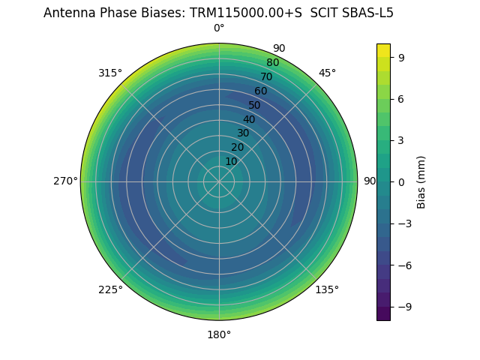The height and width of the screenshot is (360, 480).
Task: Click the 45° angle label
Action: point(327,73)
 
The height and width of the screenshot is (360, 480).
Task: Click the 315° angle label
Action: point(110,73)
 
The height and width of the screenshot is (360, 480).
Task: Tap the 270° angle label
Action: point(65,181)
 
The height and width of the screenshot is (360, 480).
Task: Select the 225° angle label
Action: point(110,290)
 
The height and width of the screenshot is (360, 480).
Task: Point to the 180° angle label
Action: point(219,334)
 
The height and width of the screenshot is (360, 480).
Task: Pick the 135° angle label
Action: point(327,290)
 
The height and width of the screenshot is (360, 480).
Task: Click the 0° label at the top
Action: point(219,28)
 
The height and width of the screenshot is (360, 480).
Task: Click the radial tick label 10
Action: point(231,161)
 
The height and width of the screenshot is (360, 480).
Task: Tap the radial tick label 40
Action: point(249,119)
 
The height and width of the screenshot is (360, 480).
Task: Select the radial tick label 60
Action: point(261,91)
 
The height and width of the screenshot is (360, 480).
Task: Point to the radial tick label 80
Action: point(273,63)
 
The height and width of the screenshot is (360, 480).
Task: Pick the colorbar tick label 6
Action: point(402,98)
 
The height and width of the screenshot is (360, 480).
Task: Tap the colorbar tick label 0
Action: point(402,182)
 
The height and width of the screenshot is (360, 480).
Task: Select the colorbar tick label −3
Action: point(402,223)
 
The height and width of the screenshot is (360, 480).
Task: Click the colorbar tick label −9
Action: point(402,307)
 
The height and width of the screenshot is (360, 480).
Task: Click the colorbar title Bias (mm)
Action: point(421,182)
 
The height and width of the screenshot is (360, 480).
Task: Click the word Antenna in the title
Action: point(67,13)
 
